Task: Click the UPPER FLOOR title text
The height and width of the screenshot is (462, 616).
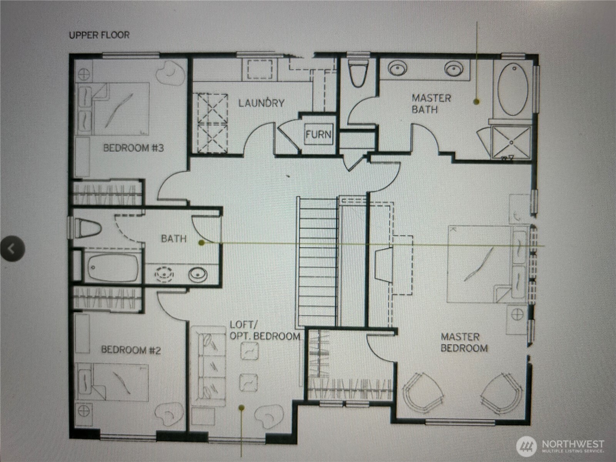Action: coord(99,35)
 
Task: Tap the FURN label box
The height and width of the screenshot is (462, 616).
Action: coord(318,134)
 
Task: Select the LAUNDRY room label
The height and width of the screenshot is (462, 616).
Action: coord(261,103)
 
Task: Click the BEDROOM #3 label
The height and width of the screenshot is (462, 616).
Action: coord(134,148)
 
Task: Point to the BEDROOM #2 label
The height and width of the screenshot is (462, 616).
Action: coord(131,350)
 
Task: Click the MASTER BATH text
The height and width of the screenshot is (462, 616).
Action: coord(431,104)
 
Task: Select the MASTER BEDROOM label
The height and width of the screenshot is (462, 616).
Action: coord(464,342)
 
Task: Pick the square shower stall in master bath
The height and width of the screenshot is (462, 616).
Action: coord(511,142)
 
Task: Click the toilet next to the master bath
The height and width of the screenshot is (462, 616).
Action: coord(358,73)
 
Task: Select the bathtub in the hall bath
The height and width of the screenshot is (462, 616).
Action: coord(113,267)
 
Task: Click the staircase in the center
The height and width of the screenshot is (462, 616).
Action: coord(317,262)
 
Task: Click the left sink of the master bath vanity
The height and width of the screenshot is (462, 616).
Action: coord(397,69)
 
